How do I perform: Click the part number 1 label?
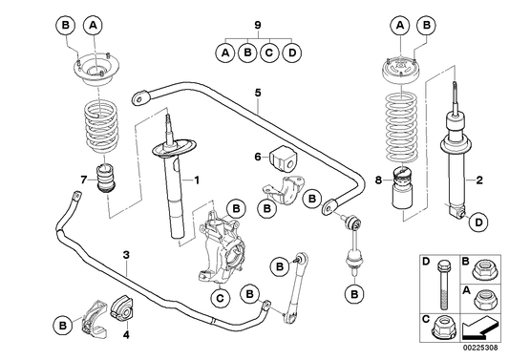(x=198, y=179)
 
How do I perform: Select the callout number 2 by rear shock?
(x=479, y=179)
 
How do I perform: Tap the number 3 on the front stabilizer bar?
(x=126, y=255)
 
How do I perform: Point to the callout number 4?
(x=124, y=334)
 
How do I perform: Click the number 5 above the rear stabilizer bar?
(x=257, y=93)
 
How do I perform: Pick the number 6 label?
(x=257, y=156)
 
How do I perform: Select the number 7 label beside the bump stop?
(x=83, y=179)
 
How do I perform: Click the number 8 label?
(x=379, y=179)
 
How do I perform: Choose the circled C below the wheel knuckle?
(x=219, y=299)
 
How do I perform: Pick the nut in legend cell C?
(x=440, y=330)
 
